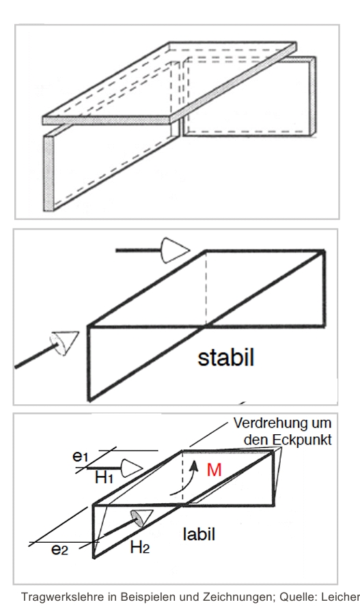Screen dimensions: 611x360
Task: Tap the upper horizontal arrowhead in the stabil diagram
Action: coord(175,251)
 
